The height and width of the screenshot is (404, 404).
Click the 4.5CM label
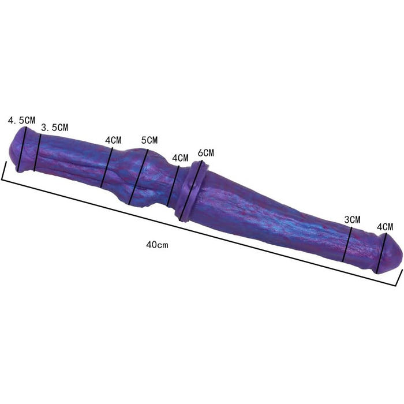click(22, 120)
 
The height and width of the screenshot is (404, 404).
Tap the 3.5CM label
click(55, 127)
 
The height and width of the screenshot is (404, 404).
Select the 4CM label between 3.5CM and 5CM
click(113, 140)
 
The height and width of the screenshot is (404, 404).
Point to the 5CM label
click(149, 140)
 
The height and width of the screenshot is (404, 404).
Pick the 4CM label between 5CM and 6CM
click(180, 158)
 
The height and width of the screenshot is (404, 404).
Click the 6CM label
click(206, 152)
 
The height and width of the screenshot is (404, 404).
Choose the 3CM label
click(352, 219)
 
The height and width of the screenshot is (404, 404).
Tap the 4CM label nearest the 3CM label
click(385, 227)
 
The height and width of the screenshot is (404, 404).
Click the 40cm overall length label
click(157, 245)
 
